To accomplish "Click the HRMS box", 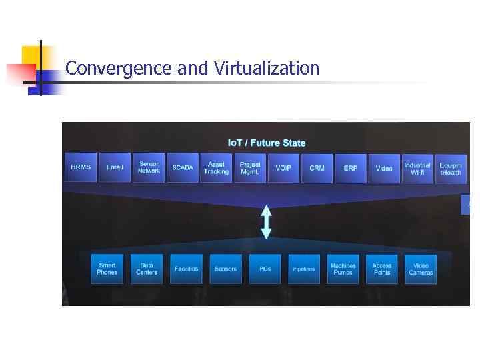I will point(81,167).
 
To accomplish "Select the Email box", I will point(115,167).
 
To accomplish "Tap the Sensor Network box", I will point(149,167).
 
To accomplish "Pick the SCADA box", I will point(183,167).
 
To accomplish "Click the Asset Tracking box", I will point(216,167).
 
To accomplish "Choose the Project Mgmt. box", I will point(250,167).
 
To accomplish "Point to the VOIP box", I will point(283,167).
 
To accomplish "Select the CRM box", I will point(317,167).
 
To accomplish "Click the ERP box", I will point(351,167).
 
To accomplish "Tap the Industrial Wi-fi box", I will point(418,167).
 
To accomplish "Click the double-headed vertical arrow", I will point(266,222).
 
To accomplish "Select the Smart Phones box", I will point(107,269).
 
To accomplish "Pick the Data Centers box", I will point(147,269).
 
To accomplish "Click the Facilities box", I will point(186,269).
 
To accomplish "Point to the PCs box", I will point(265,269).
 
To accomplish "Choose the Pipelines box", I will point(304,269).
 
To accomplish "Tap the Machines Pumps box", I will point(343,269).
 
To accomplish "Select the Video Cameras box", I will point(421,269).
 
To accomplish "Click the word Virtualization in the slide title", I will point(267,68).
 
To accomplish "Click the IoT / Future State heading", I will point(267,143).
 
